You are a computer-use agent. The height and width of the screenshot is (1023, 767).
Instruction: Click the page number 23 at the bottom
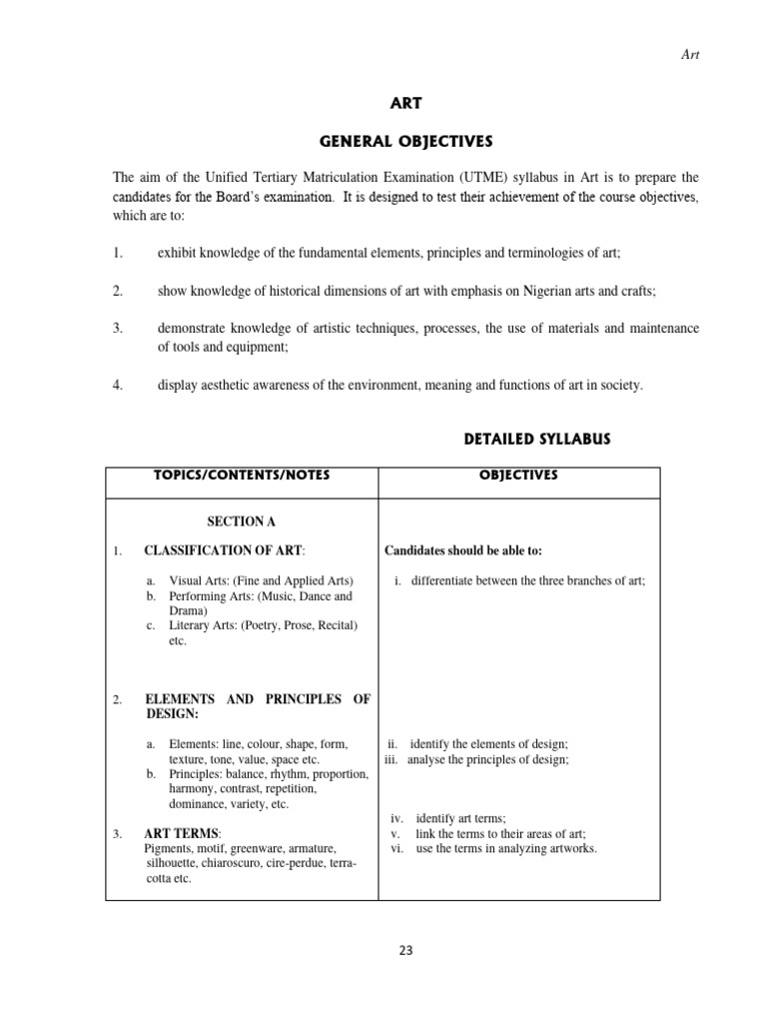coord(405,950)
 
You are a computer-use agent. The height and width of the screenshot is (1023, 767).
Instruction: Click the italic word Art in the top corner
coord(690,55)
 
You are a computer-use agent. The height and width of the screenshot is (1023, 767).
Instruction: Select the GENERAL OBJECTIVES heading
coord(405,141)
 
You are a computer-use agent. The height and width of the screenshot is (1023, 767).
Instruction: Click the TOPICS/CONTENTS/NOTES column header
coord(241,476)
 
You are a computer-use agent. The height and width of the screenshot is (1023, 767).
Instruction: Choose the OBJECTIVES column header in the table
coord(518,476)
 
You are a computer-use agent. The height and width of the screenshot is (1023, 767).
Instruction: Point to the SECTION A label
coord(241,521)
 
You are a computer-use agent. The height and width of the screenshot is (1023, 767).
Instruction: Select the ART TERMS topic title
coord(183,833)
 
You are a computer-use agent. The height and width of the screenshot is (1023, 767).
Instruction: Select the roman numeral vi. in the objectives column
coord(395,848)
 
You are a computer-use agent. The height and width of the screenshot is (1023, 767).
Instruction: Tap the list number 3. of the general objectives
coord(117,328)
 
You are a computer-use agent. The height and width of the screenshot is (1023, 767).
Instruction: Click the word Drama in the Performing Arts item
coord(186,610)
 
